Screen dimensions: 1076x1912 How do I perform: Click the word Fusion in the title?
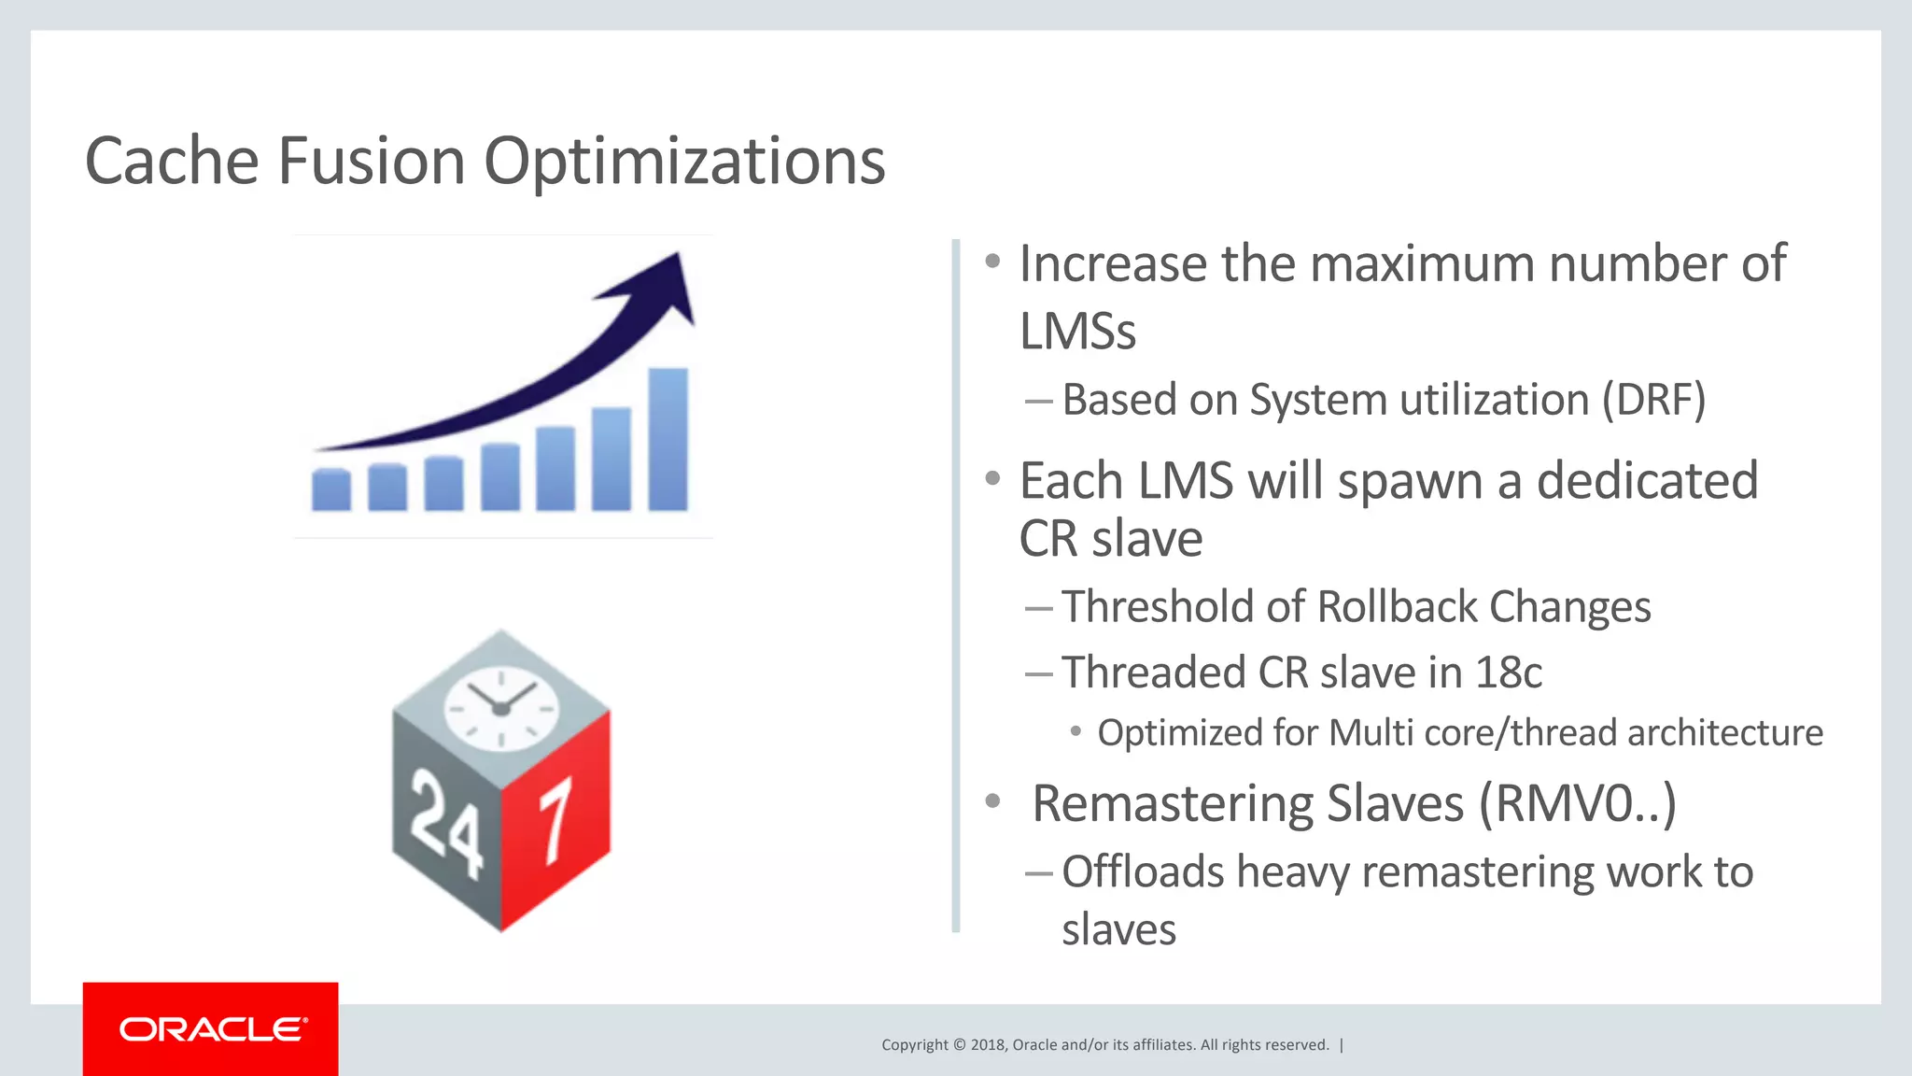point(372,161)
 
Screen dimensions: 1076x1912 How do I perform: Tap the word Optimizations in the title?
point(684,163)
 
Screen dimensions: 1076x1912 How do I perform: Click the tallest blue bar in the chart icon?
point(668,439)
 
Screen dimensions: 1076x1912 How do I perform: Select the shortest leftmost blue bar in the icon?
point(330,490)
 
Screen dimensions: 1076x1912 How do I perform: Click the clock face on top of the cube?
point(501,707)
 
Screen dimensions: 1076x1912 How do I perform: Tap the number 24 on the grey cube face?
point(446,822)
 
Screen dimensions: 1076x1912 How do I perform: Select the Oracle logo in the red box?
point(212,1029)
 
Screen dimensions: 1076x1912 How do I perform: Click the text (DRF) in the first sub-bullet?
point(1653,400)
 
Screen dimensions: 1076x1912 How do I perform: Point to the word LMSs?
point(1077,332)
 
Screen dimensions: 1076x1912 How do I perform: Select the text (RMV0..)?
point(1577,803)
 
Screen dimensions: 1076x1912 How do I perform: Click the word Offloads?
point(1142,871)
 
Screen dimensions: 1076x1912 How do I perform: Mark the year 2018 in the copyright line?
point(988,1044)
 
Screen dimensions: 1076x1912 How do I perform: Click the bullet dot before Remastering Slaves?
point(992,801)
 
